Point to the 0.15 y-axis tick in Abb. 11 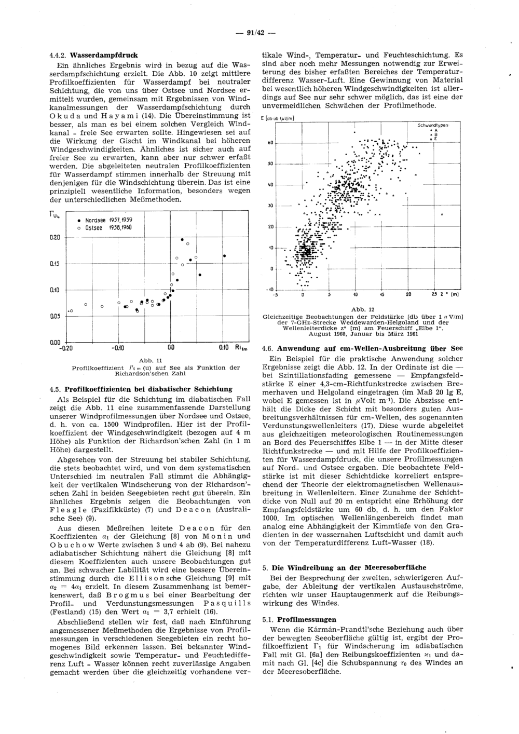pos(54,264)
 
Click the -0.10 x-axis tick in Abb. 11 pos(116,348)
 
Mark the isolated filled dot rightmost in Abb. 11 pos(224,256)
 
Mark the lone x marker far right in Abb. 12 pos(442,214)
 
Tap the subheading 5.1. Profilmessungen pos(299,619)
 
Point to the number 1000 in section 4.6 pos(272,533)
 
